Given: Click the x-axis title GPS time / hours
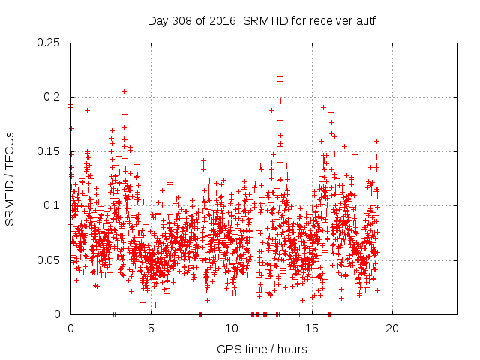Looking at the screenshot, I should [x=262, y=349].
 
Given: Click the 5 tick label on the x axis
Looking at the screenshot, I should [x=151, y=328].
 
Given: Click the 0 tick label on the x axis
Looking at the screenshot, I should [x=70, y=328].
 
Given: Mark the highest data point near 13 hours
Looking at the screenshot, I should [x=280, y=76].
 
